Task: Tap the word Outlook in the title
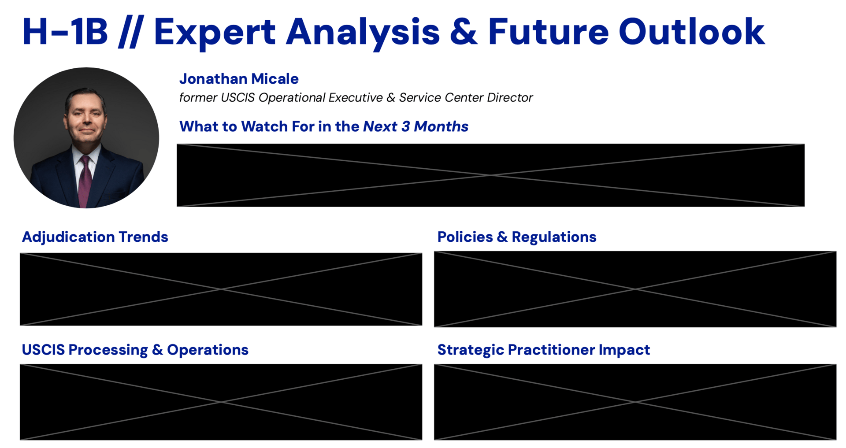[x=692, y=32]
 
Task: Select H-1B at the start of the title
[x=65, y=32]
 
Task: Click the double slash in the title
[x=131, y=32]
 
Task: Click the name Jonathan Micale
[x=239, y=79]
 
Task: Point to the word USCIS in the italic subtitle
[x=237, y=97]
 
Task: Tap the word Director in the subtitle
[x=510, y=97]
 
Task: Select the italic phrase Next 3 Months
[x=416, y=126]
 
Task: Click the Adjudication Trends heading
[x=95, y=237]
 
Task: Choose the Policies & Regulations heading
[x=517, y=237]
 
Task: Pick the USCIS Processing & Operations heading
[x=135, y=350]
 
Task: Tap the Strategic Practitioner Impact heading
[x=544, y=350]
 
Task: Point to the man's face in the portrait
[x=86, y=117]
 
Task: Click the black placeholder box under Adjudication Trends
[x=221, y=289]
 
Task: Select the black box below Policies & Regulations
[x=635, y=289]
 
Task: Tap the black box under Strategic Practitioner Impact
[x=635, y=402]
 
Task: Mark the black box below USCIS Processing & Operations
[x=221, y=402]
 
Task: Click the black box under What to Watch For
[x=490, y=175]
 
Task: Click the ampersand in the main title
[x=464, y=32]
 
